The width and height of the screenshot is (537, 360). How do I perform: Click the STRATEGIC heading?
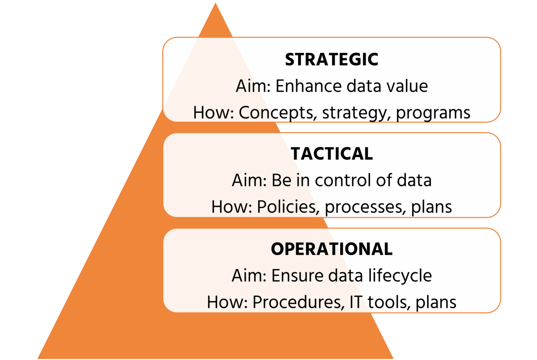(x=332, y=60)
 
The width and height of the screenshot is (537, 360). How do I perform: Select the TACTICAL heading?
(x=332, y=154)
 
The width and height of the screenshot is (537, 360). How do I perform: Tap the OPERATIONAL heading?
(x=332, y=249)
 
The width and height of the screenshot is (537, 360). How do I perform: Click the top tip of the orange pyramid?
(x=215, y=3)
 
